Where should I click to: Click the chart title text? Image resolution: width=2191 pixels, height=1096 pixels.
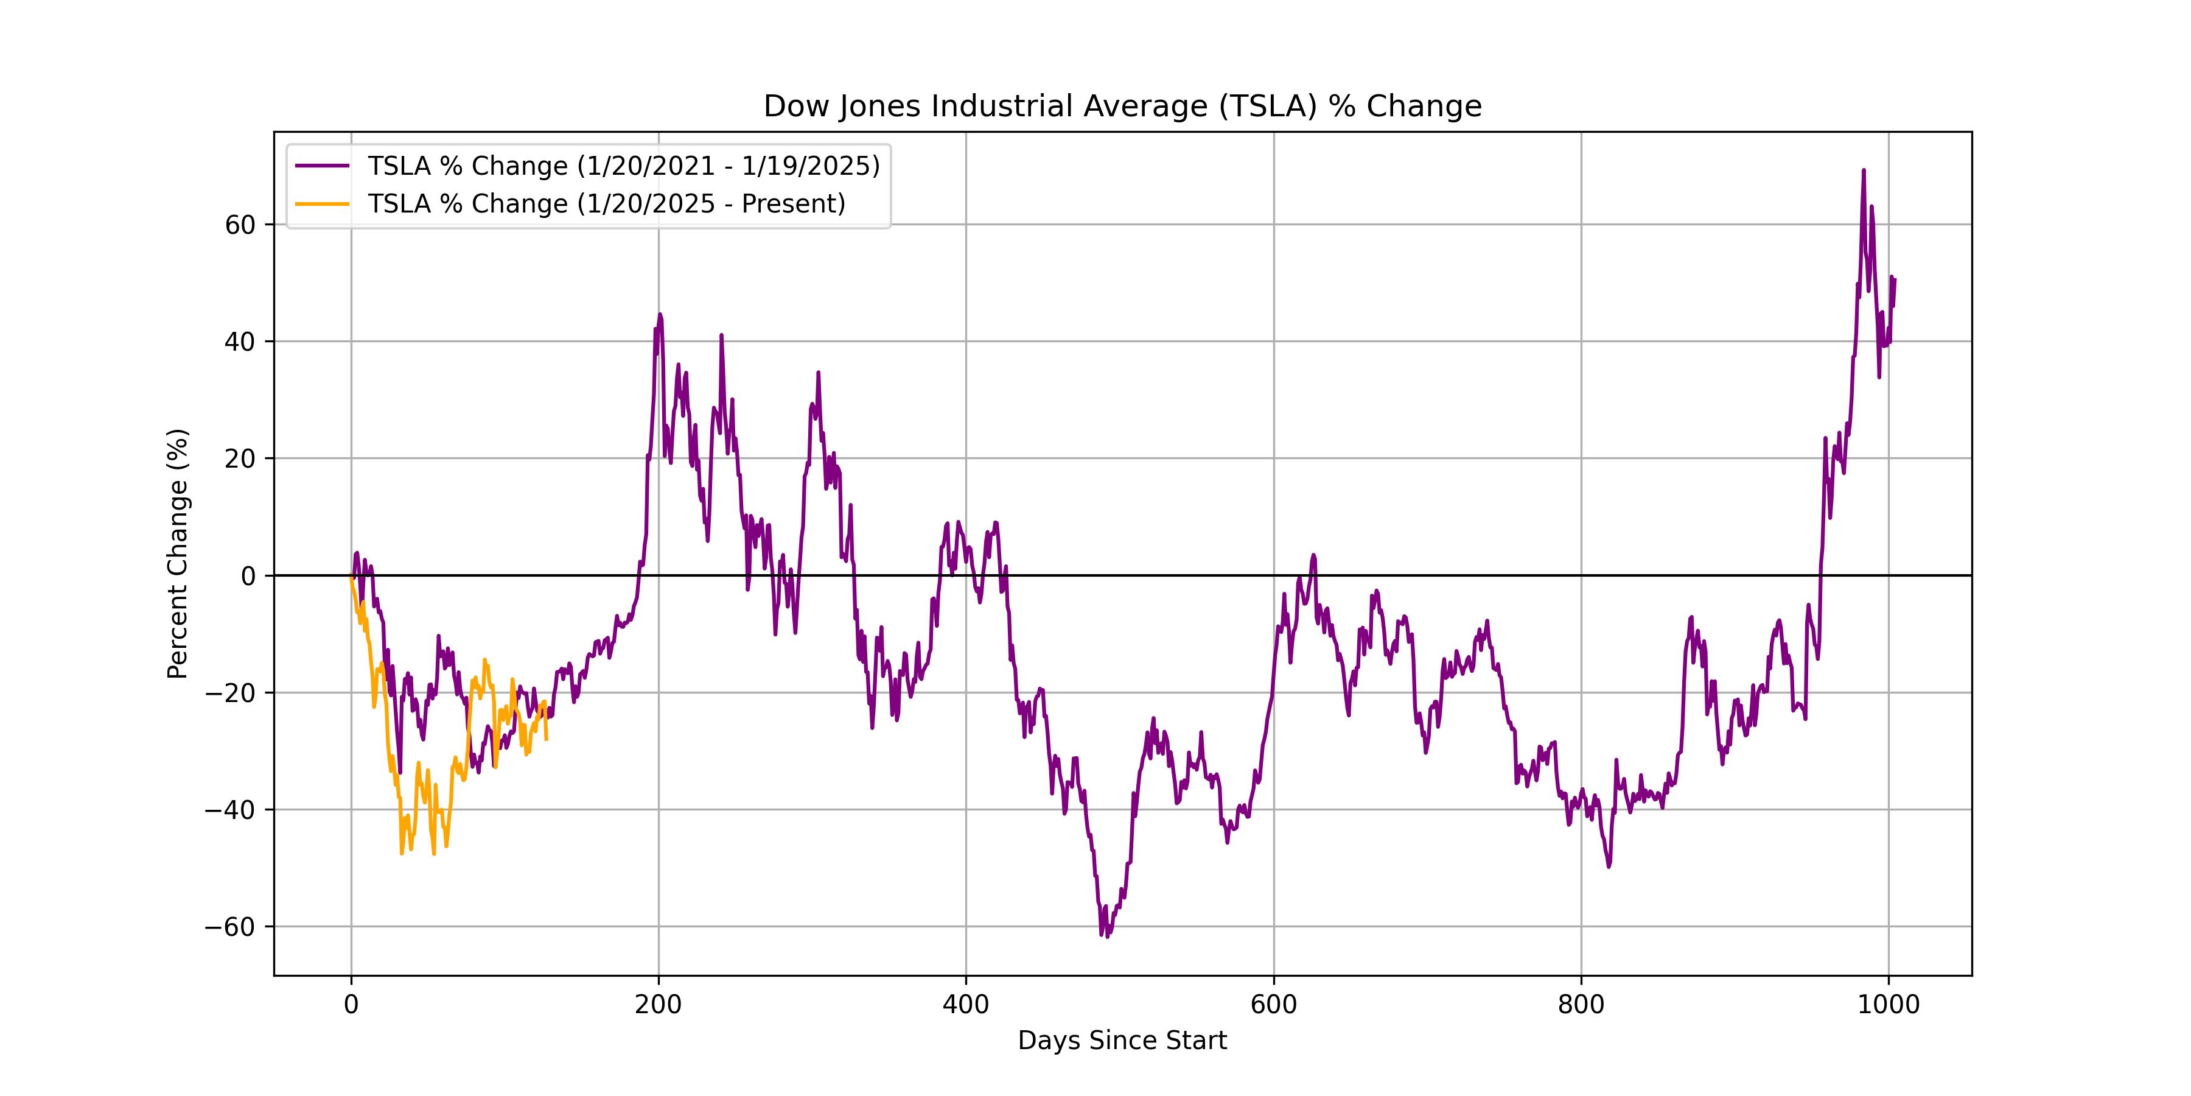[x=1122, y=107]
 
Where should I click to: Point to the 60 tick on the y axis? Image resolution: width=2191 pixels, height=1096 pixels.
[x=240, y=225]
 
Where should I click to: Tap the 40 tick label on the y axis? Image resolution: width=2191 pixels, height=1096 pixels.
[x=240, y=342]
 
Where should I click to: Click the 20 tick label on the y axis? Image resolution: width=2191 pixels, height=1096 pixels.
[x=240, y=458]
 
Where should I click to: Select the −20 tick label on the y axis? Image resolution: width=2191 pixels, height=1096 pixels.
[x=231, y=693]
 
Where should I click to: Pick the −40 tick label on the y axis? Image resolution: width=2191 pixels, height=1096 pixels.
[x=231, y=810]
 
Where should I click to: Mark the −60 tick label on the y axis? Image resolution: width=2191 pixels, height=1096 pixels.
[x=231, y=927]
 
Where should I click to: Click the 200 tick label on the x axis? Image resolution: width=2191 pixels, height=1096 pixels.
[x=659, y=1005]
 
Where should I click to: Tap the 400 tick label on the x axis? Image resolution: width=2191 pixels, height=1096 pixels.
[x=966, y=1005]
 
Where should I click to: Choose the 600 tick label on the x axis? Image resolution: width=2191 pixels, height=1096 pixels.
[x=1273, y=1005]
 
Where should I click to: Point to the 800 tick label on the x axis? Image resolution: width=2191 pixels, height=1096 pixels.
[x=1581, y=1005]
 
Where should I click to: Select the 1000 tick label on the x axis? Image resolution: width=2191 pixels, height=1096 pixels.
[x=1888, y=1005]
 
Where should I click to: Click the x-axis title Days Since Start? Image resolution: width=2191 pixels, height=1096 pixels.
[x=1122, y=1041]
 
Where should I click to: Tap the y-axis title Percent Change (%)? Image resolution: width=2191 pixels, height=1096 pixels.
[x=178, y=554]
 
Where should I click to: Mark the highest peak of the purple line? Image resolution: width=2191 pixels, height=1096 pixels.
[x=1864, y=170]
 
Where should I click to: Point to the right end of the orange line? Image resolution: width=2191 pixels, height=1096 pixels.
[x=546, y=739]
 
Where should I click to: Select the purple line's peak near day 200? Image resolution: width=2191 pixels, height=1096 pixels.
[x=660, y=314]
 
